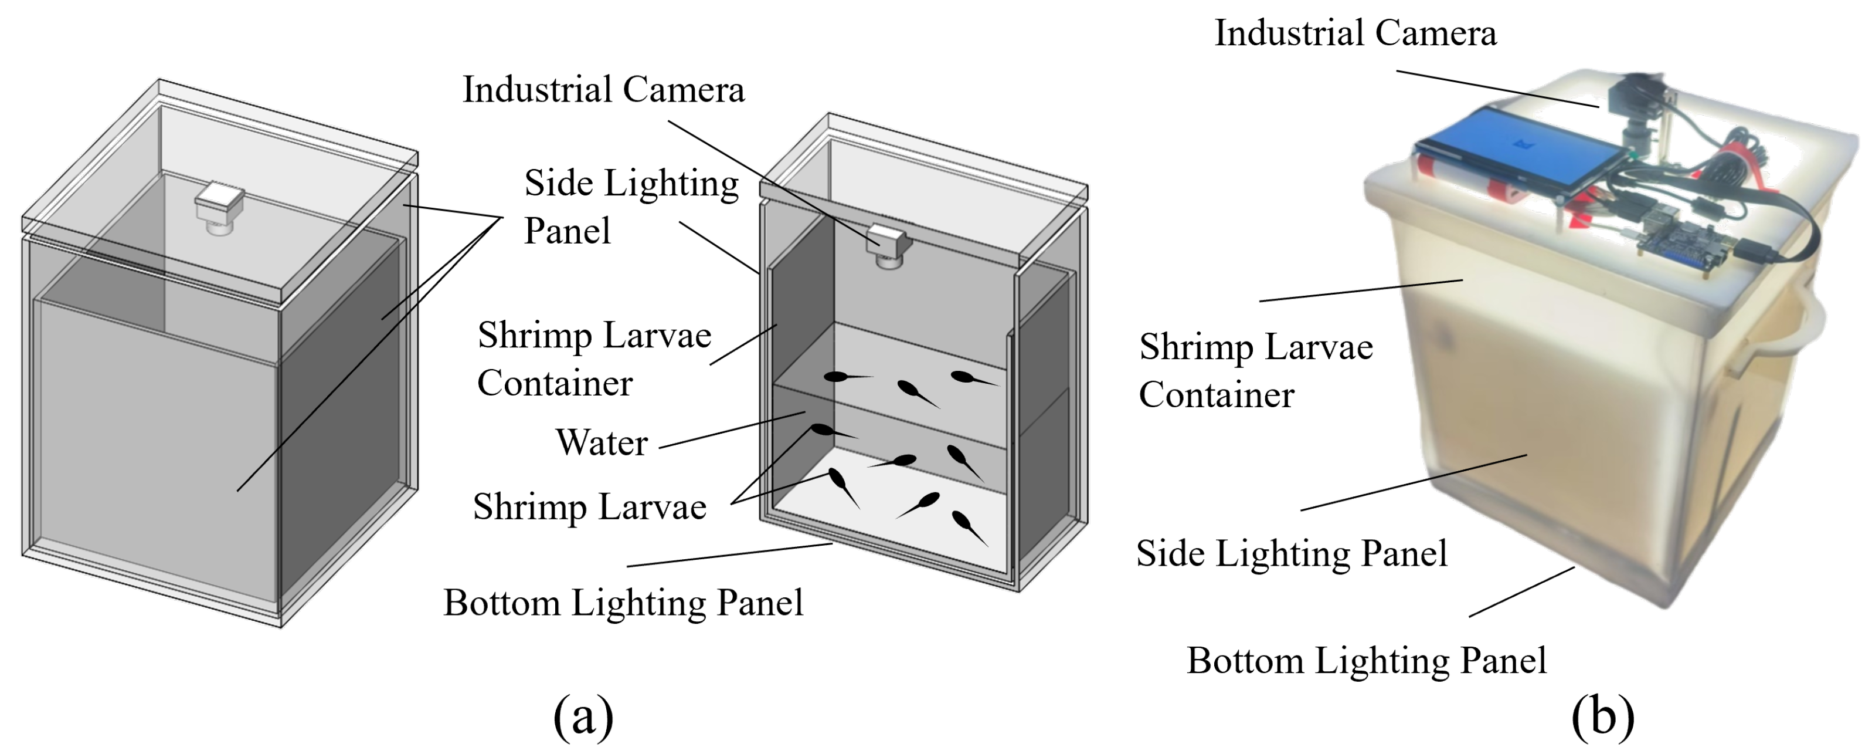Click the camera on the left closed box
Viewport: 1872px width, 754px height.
[x=219, y=208]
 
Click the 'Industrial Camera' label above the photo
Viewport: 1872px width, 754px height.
[x=1355, y=33]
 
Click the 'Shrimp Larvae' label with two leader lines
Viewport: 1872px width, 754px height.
[x=589, y=507]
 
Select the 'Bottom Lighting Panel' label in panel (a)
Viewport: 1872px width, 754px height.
[x=623, y=603]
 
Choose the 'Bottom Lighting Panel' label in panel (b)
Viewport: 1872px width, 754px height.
[x=1366, y=661]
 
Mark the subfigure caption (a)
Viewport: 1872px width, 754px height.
[x=583, y=717]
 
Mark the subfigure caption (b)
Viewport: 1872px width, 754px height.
[x=1602, y=717]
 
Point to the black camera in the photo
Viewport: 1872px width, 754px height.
[x=1635, y=109]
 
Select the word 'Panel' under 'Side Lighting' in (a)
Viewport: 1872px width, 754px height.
[x=567, y=231]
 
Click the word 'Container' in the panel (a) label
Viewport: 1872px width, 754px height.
[x=555, y=383]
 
